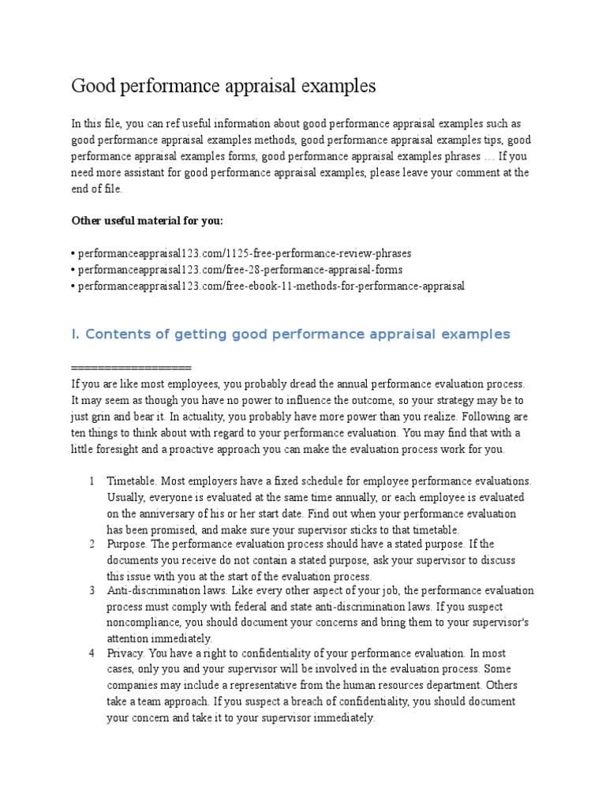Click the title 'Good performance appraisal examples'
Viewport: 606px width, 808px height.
click(223, 86)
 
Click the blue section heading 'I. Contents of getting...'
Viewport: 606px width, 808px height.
click(290, 335)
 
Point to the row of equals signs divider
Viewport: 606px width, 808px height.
click(131, 368)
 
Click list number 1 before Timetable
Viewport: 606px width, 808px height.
click(92, 481)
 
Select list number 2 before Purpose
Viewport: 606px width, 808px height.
click(92, 544)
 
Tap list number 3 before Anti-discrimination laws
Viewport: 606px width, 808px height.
click(92, 590)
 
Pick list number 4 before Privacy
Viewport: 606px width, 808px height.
click(92, 653)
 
